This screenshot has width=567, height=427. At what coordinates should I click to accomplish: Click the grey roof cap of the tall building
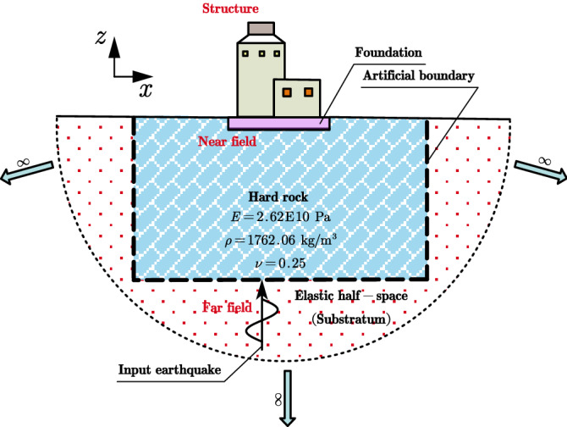coord(259,29)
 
